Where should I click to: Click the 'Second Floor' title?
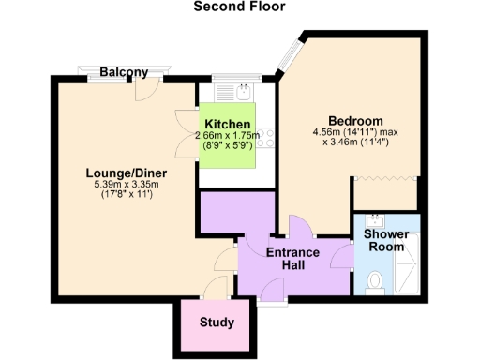pos(239,7)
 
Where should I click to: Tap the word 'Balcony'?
pos(124,72)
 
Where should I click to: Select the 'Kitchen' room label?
pos(228,125)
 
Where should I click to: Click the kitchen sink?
pos(243,92)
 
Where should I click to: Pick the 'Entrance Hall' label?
pos(292,260)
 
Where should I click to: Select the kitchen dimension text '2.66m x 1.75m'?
pos(227,136)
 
